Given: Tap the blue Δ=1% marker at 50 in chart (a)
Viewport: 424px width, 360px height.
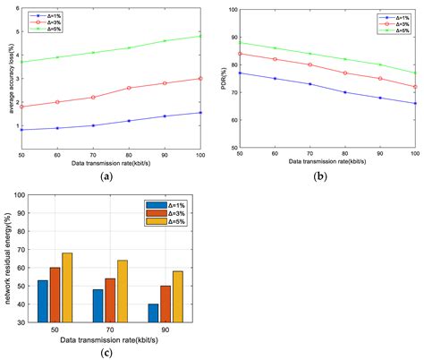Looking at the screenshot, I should [21, 130].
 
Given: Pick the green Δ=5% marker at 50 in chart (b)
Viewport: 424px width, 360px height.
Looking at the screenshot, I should [240, 42].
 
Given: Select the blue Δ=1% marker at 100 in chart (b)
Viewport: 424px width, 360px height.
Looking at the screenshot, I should [415, 103].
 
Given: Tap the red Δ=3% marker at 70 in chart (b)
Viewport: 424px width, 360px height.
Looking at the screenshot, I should [310, 64].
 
